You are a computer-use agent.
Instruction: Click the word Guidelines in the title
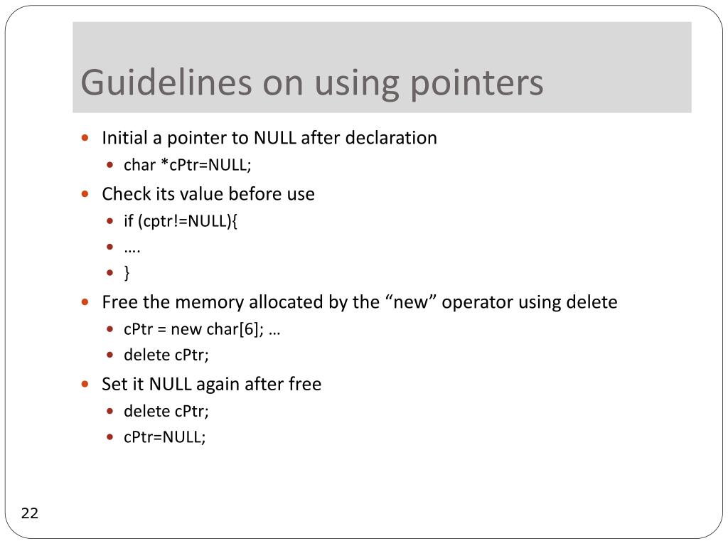click(x=165, y=82)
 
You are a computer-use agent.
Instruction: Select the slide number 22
click(x=30, y=513)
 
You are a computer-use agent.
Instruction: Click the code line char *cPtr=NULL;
click(x=188, y=165)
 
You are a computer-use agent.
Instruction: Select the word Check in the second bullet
click(x=124, y=193)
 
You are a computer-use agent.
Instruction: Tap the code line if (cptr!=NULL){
click(x=181, y=221)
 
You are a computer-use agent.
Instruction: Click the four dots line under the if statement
click(x=132, y=248)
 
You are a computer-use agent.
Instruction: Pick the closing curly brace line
click(x=127, y=272)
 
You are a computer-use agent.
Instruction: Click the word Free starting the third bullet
click(x=119, y=302)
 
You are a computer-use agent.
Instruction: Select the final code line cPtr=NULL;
click(x=165, y=437)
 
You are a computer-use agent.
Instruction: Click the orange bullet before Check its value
click(x=85, y=193)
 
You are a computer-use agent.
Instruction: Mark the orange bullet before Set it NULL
click(x=85, y=385)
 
